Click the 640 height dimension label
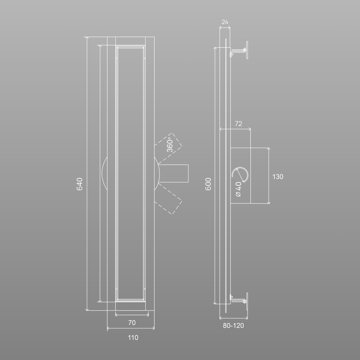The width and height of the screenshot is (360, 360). click(79, 184)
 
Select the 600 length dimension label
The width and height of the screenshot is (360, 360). click(208, 184)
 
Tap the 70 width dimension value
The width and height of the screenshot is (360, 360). click(132, 323)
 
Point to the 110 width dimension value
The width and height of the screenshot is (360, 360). click(133, 337)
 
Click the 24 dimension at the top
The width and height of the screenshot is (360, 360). click(225, 22)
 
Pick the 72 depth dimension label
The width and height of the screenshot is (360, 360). click(239, 124)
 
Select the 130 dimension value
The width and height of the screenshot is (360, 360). click(278, 177)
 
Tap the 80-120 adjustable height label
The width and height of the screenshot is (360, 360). click(233, 326)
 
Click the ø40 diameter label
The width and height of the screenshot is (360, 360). click(239, 189)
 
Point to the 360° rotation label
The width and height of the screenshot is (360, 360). click(170, 145)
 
